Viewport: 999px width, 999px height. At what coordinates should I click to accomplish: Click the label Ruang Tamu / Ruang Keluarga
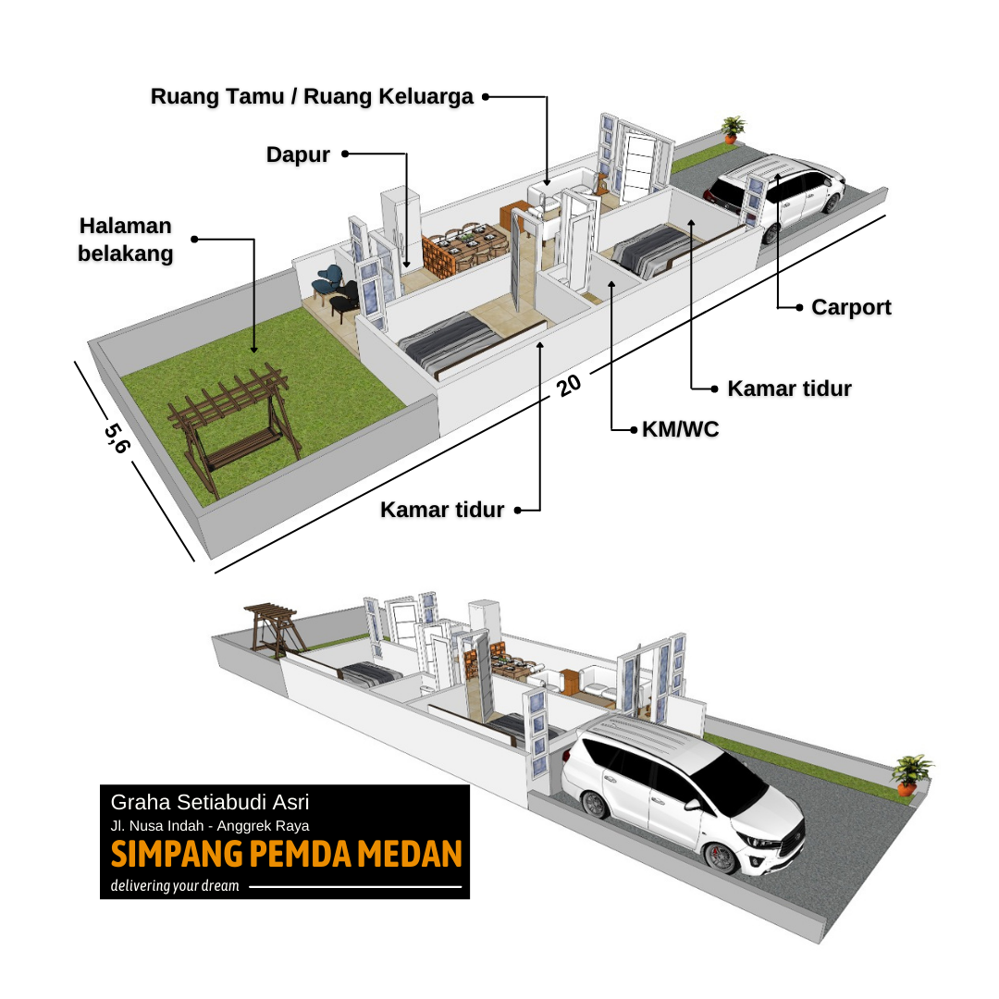(312, 96)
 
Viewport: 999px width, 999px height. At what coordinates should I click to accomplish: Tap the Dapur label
(298, 154)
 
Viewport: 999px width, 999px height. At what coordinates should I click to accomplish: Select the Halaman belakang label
(125, 240)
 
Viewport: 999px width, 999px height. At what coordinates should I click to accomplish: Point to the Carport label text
(851, 307)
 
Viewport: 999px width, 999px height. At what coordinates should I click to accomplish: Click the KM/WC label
(680, 429)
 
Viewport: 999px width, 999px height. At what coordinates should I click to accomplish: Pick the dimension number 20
(568, 383)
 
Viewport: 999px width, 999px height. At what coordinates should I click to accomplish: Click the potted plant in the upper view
(733, 129)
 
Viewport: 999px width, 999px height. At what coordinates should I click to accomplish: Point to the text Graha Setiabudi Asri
(216, 802)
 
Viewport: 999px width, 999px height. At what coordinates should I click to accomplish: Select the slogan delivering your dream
(175, 886)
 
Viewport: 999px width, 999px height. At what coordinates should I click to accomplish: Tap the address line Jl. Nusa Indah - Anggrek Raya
(210, 826)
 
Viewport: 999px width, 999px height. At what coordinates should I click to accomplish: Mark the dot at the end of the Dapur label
(345, 154)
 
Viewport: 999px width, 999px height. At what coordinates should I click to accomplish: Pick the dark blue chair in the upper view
(329, 277)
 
